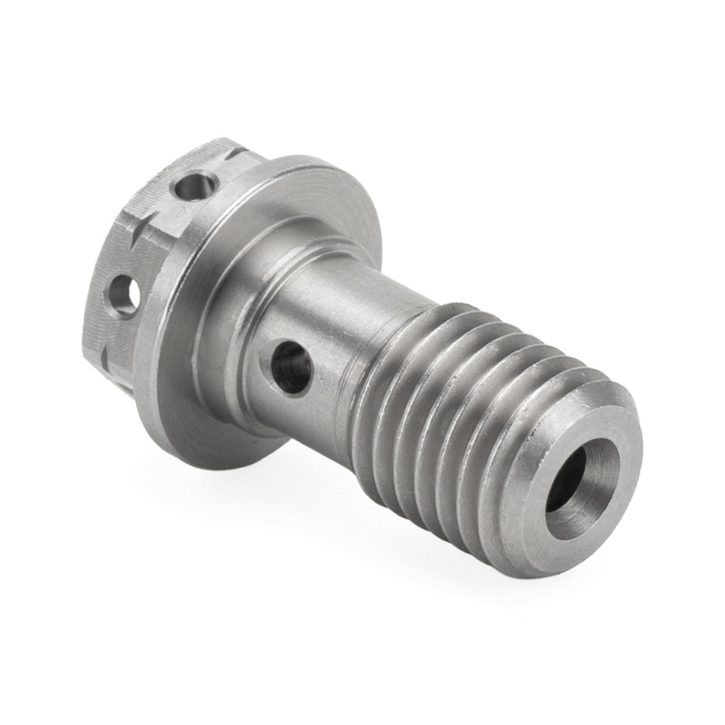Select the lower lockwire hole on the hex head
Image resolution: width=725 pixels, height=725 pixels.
[124, 295]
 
